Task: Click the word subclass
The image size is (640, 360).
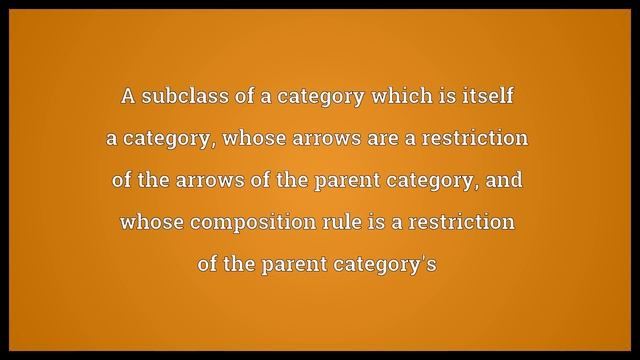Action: point(175,98)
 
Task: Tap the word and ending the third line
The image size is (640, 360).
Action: point(503,182)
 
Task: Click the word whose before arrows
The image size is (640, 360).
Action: point(262,140)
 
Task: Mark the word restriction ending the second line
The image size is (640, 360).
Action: point(483,140)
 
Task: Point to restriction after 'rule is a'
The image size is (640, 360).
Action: point(468,222)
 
